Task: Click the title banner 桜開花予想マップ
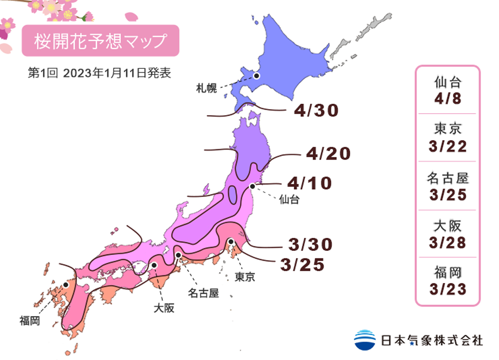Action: (x=100, y=41)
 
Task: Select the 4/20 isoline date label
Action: (x=328, y=154)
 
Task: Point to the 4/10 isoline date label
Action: (x=309, y=183)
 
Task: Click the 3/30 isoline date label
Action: (x=310, y=244)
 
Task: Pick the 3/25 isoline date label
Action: (x=303, y=265)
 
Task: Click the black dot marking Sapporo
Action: (x=256, y=76)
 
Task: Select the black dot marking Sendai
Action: (x=253, y=186)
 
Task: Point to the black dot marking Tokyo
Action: (x=231, y=242)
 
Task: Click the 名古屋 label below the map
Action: (x=203, y=293)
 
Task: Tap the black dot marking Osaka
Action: (x=155, y=265)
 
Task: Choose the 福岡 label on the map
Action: (x=30, y=320)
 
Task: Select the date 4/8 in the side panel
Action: (x=448, y=98)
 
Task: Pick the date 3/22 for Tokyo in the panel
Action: (x=448, y=146)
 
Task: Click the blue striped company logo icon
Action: (x=365, y=340)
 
